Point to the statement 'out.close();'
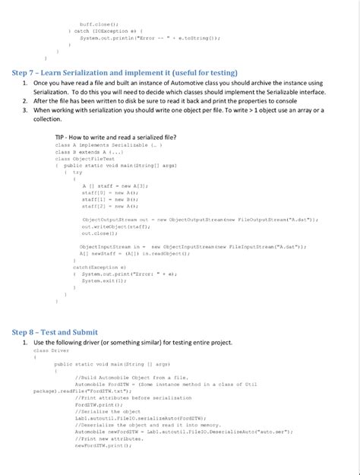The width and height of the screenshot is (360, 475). click(97, 233)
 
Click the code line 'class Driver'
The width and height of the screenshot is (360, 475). click(50, 350)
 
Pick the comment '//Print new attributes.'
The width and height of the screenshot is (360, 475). click(106, 438)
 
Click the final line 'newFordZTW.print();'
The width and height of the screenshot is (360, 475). click(103, 445)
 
